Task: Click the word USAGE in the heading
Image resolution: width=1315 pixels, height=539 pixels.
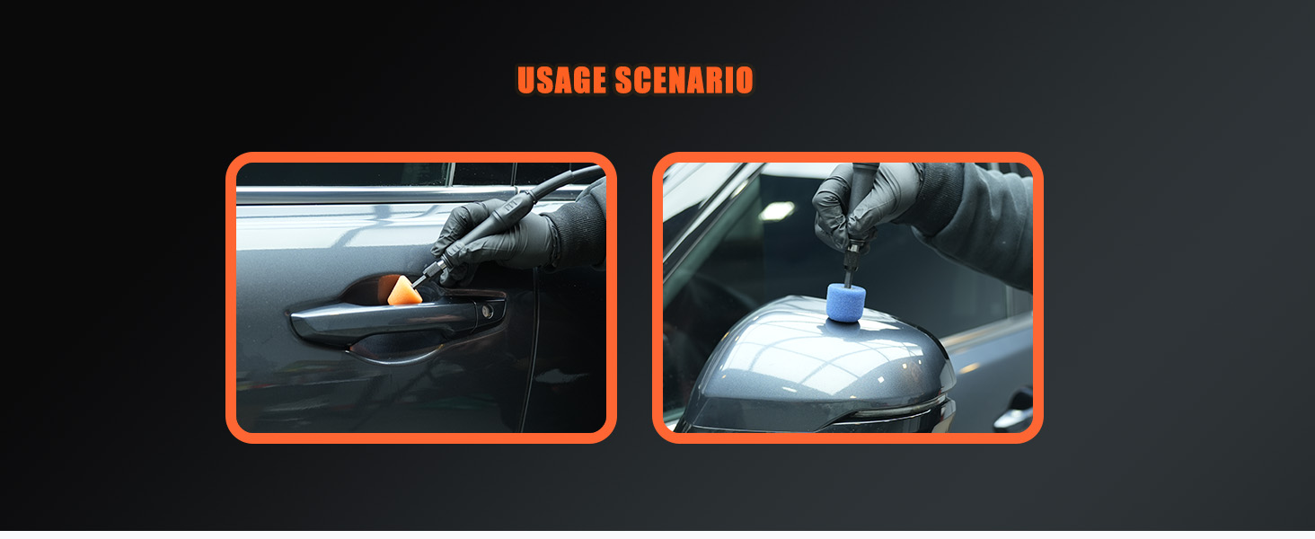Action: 561,80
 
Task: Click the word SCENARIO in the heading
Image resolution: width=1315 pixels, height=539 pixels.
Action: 684,80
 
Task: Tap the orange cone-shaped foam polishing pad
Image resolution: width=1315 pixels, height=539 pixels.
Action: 403,291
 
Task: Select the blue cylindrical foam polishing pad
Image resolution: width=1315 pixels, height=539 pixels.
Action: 846,303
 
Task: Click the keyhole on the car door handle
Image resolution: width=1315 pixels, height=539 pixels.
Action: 487,311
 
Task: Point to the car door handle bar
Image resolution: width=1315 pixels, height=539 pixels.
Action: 398,320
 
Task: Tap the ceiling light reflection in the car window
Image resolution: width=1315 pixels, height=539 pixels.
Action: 776,210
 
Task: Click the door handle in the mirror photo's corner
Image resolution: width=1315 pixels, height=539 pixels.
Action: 1012,414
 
